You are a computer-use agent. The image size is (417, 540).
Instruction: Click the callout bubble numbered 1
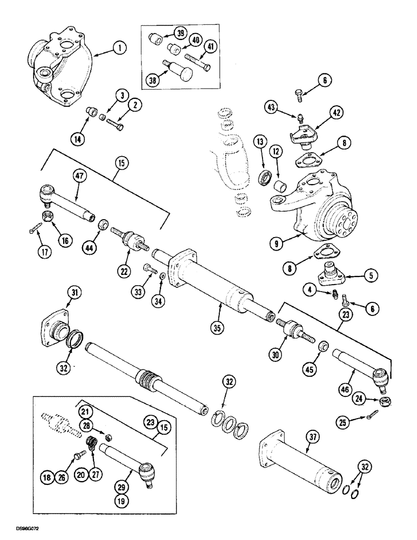(x=119, y=49)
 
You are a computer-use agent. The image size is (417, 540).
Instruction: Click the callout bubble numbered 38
(x=153, y=81)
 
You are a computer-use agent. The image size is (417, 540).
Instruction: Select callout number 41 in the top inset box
(x=211, y=47)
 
